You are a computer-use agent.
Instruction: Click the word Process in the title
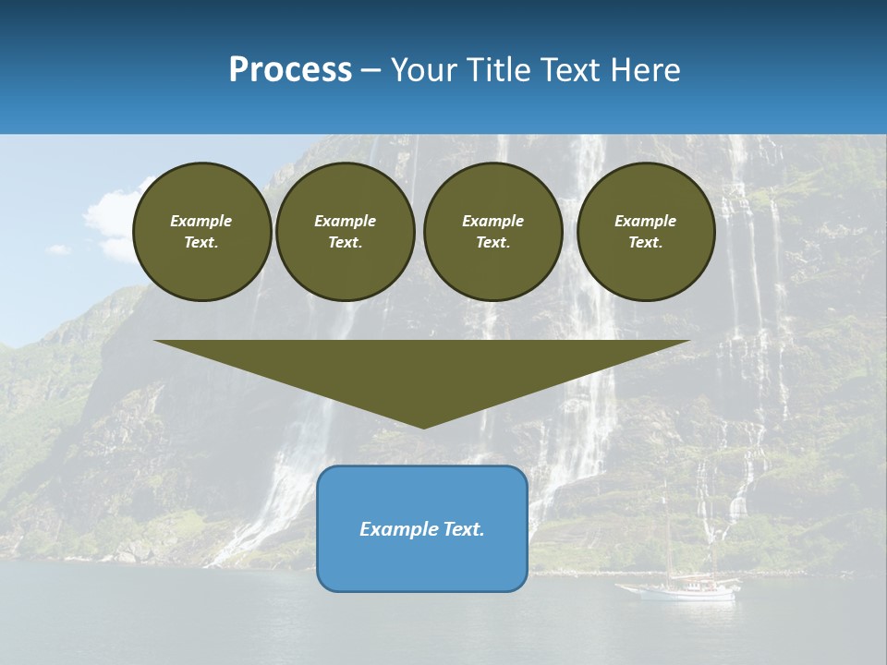coord(290,70)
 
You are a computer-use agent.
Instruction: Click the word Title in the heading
coord(498,70)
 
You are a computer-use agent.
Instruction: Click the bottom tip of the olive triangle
coord(423,426)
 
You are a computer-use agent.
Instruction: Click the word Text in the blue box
coord(463,529)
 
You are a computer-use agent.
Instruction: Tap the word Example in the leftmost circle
coord(201,221)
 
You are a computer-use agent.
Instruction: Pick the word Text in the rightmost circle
coord(645,242)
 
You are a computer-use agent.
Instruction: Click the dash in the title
coord(371,70)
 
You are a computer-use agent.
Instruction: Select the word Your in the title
coord(421,70)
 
